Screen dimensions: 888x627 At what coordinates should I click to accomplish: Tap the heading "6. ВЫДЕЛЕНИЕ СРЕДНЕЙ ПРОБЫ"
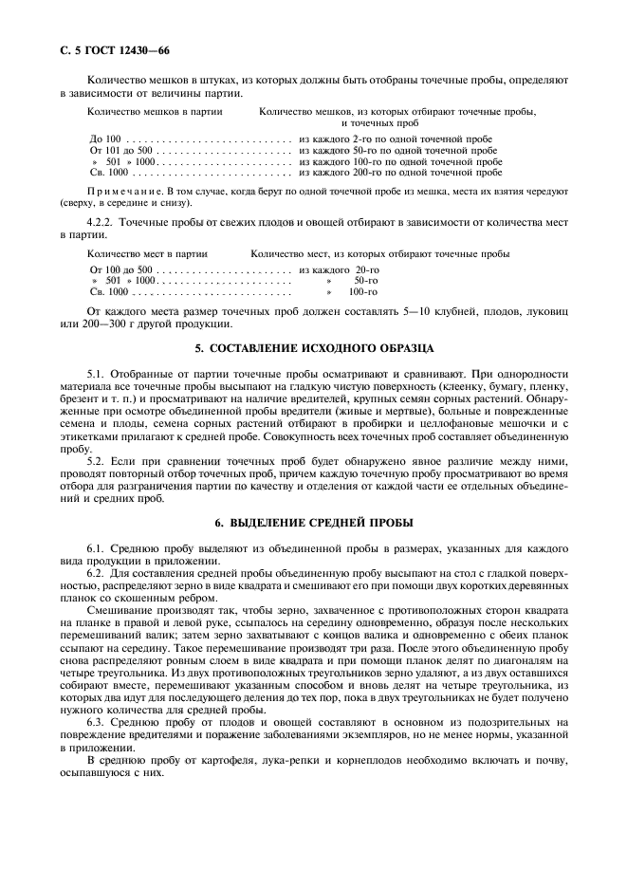(x=314, y=523)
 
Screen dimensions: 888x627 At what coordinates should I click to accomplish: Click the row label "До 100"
(x=105, y=139)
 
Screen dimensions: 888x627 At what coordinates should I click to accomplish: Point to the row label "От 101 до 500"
(x=120, y=150)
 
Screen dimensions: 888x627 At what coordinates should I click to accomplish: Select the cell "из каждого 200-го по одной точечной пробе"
(x=400, y=173)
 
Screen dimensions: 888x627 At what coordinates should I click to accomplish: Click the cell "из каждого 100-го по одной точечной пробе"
(x=400, y=161)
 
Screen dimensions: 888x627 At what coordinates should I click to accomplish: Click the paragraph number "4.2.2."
(x=101, y=222)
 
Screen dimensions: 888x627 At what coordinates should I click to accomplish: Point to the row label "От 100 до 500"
(x=120, y=270)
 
